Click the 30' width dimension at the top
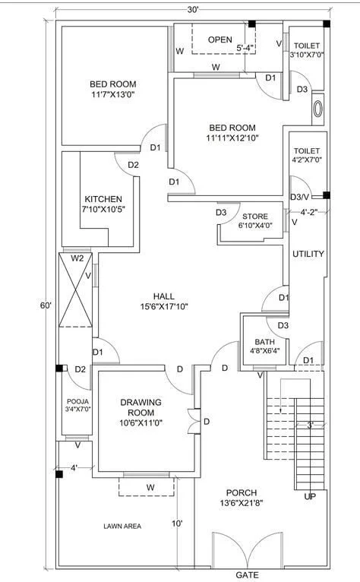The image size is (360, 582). click(193, 10)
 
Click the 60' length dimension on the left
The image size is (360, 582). click(46, 305)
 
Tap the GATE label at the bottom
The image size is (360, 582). click(247, 575)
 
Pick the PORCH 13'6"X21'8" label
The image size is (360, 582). click(242, 498)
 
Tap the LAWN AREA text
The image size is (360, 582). click(122, 526)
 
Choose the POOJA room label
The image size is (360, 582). click(78, 405)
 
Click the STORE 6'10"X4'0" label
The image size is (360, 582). click(255, 220)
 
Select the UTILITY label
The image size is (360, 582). click(308, 254)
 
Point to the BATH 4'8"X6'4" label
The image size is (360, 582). click(264, 346)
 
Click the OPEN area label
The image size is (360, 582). click(220, 40)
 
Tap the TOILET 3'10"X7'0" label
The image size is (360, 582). click(307, 50)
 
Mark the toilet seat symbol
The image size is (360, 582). click(317, 109)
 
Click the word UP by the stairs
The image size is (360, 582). click(310, 496)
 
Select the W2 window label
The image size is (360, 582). click(77, 258)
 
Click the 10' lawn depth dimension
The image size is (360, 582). click(177, 523)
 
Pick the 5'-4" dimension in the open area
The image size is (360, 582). click(245, 48)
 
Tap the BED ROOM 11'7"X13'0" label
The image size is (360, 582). click(113, 89)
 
